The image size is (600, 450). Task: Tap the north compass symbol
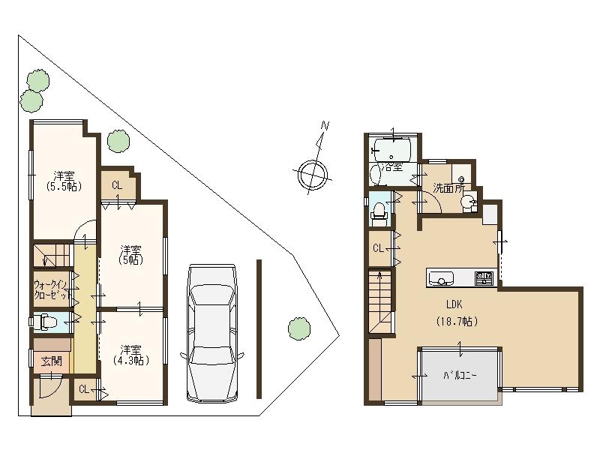313,173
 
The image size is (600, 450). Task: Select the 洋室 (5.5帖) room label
63,180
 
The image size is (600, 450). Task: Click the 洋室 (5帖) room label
131,255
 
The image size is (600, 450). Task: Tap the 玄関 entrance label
51,361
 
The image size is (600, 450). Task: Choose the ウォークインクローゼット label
51,289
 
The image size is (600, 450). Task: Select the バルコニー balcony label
459,374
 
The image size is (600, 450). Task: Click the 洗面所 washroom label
448,188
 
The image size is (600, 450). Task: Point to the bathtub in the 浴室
390,149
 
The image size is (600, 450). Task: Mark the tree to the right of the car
298,328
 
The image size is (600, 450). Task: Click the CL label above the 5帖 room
117,185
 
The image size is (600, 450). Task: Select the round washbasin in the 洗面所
466,201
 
